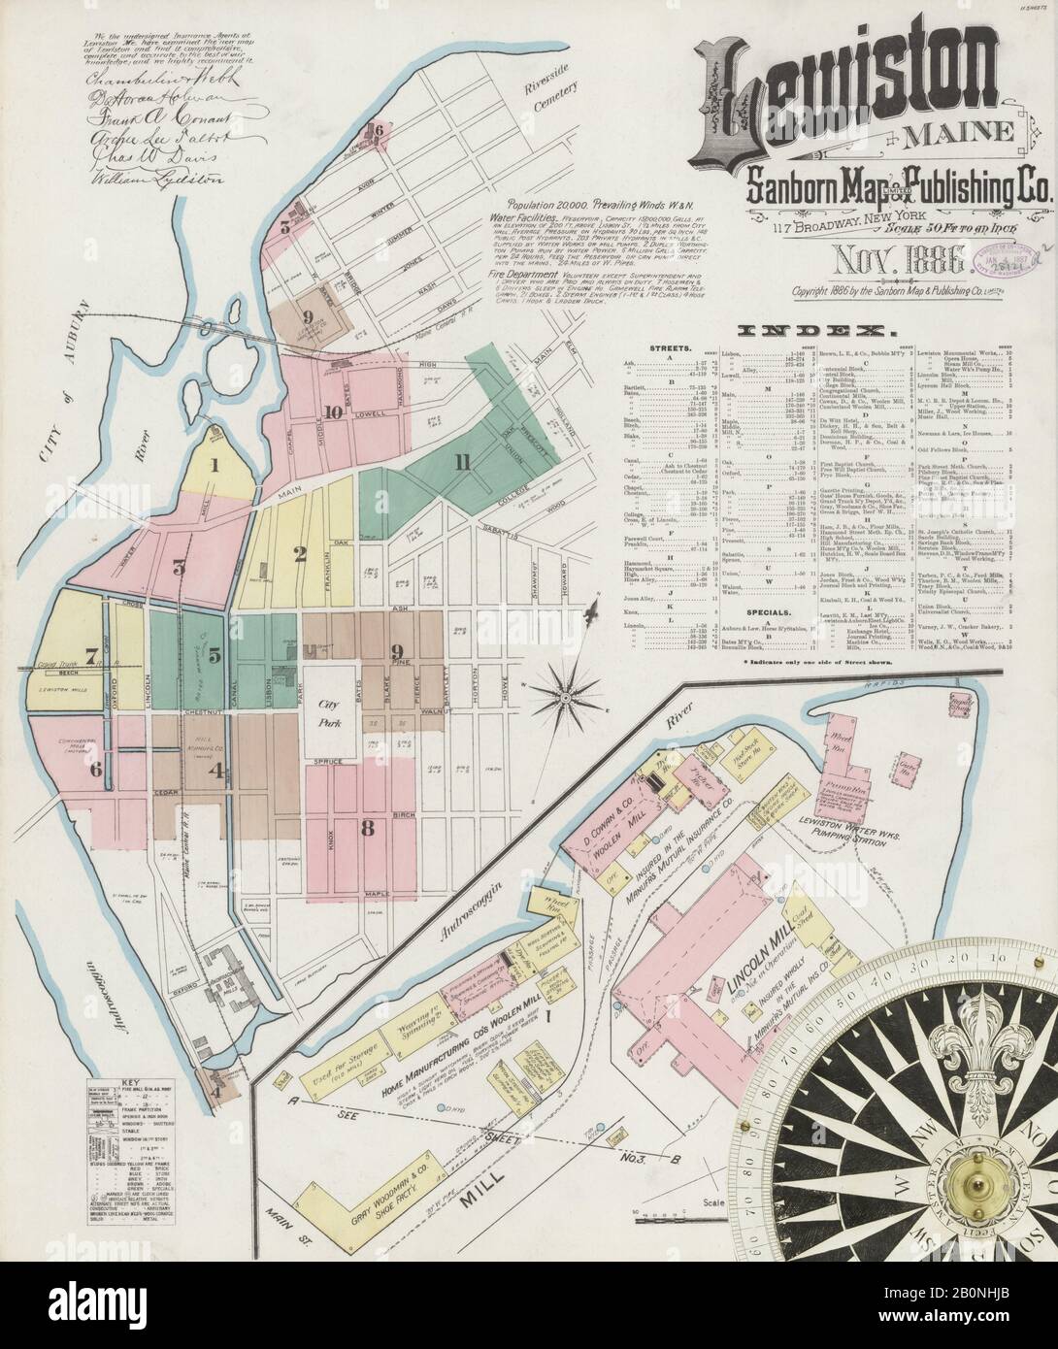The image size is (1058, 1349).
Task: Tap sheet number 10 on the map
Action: click(x=332, y=411)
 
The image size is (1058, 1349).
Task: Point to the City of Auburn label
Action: click(x=57, y=362)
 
